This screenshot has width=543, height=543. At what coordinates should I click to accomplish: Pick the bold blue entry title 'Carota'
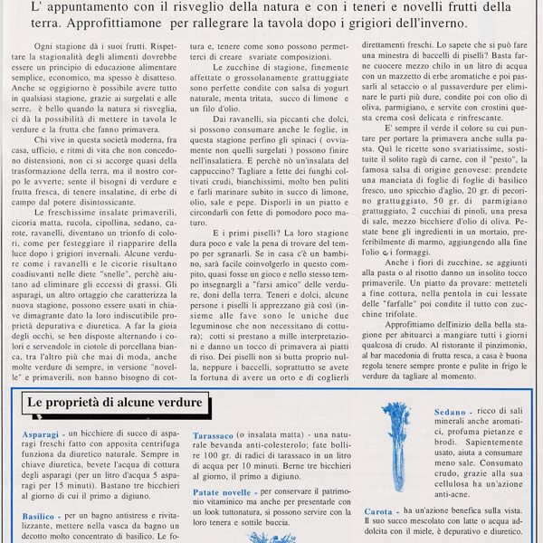378,511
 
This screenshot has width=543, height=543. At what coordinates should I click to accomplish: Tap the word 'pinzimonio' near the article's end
496,332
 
